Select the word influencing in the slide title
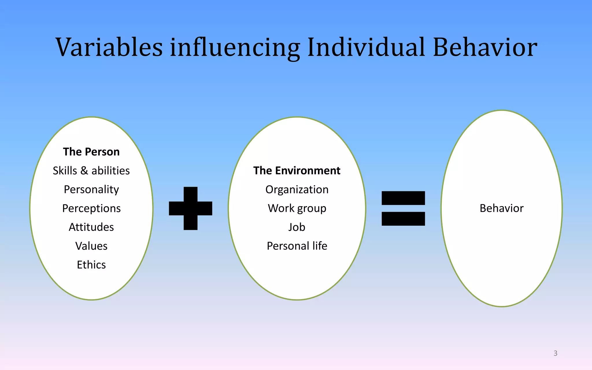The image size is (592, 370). click(x=235, y=48)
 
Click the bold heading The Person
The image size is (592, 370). click(x=91, y=152)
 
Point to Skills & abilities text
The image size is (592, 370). click(x=91, y=171)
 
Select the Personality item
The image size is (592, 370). click(x=91, y=190)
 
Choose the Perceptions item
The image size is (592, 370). click(x=91, y=208)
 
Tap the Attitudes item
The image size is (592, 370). click(x=91, y=227)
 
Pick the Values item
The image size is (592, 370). click(x=91, y=246)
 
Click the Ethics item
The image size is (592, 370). click(x=91, y=265)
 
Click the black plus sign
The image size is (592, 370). click(x=190, y=208)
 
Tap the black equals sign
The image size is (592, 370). click(x=403, y=208)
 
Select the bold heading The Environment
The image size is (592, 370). click(x=297, y=171)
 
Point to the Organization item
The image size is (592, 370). click(x=297, y=190)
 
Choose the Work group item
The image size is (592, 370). click(x=297, y=208)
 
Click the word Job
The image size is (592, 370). click(x=297, y=227)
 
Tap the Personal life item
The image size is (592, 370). click(x=297, y=246)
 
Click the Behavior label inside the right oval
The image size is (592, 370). click(x=502, y=208)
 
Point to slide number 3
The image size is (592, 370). click(x=555, y=353)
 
